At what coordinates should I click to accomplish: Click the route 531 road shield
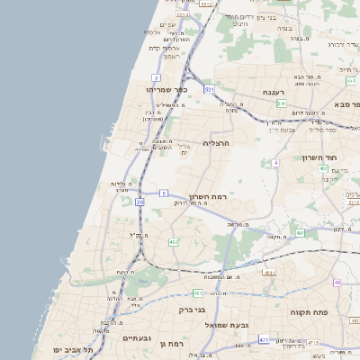[x=209, y=90]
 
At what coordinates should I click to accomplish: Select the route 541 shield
[x=282, y=103]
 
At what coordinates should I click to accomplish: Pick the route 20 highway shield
[x=139, y=202]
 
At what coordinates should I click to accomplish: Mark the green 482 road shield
[x=173, y=241]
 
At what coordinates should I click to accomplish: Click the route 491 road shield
[x=300, y=232]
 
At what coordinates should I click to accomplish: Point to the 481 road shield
[x=197, y=292]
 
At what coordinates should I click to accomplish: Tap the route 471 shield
[x=264, y=340]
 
